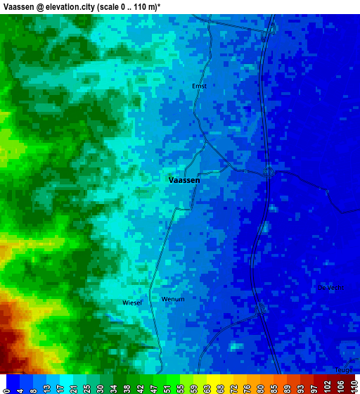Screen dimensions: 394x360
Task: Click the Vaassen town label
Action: tap(184, 180)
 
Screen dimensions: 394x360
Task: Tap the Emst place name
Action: tap(199, 87)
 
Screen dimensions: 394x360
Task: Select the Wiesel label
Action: tap(132, 303)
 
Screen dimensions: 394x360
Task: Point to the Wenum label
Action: tap(173, 299)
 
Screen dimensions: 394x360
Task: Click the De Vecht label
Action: tap(330, 287)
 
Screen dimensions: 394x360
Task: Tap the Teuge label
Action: tap(345, 369)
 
